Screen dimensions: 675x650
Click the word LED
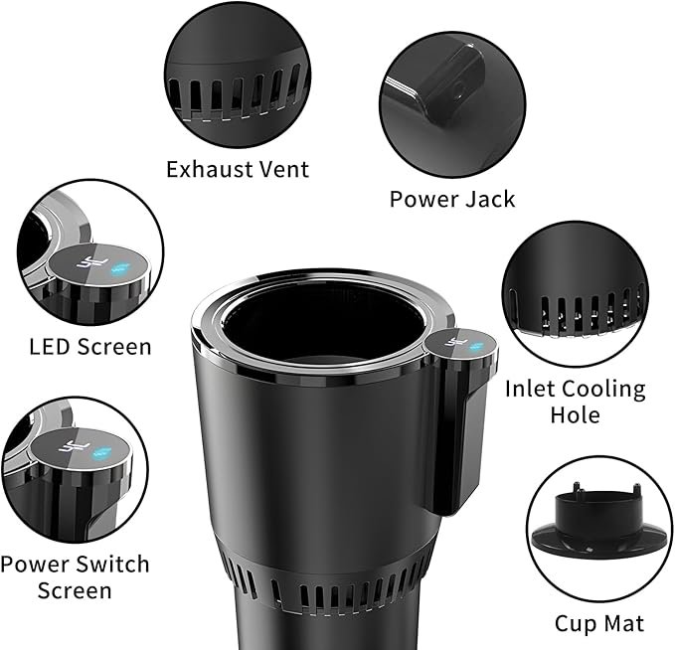pos(51,347)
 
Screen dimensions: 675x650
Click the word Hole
pos(576,415)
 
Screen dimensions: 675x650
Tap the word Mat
pos(623,623)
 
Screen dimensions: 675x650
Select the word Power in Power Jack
pos(421,200)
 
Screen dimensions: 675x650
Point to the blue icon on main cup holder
pos(476,346)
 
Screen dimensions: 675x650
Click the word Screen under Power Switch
pos(75,590)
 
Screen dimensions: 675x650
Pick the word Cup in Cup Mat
pos(576,624)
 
